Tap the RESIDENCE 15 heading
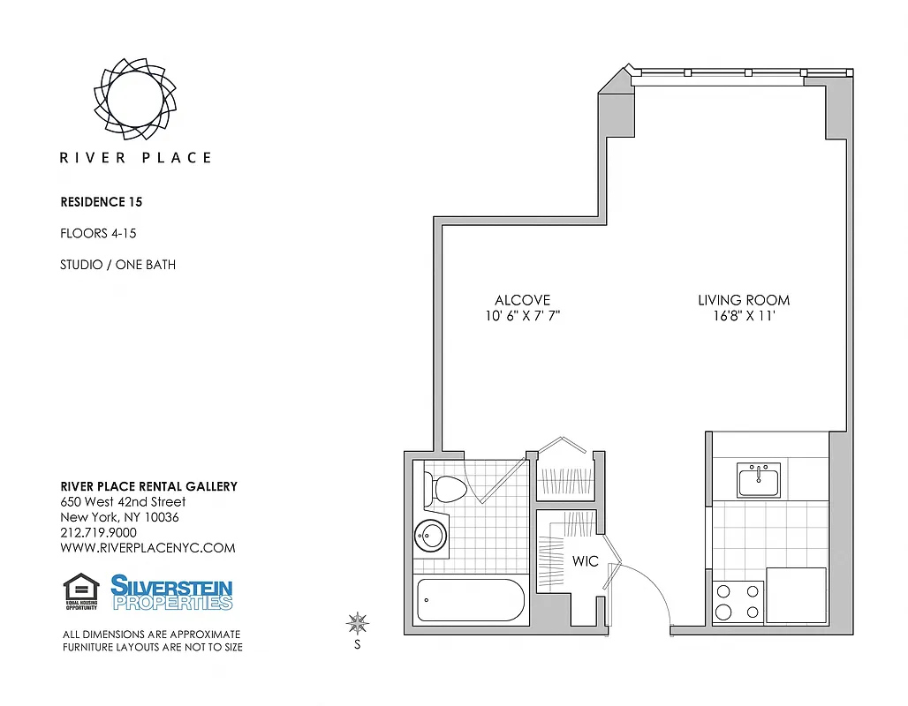[x=101, y=202]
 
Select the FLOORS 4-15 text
[x=98, y=234]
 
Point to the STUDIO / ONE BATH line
[x=117, y=265]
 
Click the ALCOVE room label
[x=522, y=300]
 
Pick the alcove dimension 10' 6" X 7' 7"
[x=522, y=316]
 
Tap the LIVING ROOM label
[x=744, y=300]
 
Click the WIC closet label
[x=586, y=561]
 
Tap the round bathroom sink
[x=431, y=536]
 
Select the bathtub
[x=473, y=600]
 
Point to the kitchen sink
[x=759, y=482]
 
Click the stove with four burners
[x=738, y=602]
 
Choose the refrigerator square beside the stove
[x=796, y=596]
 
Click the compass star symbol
[x=358, y=625]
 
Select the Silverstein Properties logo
[x=171, y=592]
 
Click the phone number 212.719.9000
[x=98, y=533]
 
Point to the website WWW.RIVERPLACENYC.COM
[x=148, y=548]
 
